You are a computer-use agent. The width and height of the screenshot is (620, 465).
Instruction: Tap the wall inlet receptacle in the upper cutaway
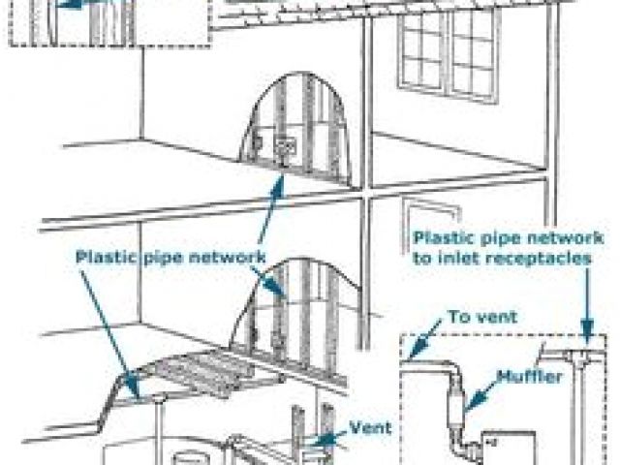point(285,149)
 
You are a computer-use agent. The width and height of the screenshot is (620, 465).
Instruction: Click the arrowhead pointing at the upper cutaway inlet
point(281,181)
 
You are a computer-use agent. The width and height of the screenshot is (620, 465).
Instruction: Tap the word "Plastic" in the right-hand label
point(444,237)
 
